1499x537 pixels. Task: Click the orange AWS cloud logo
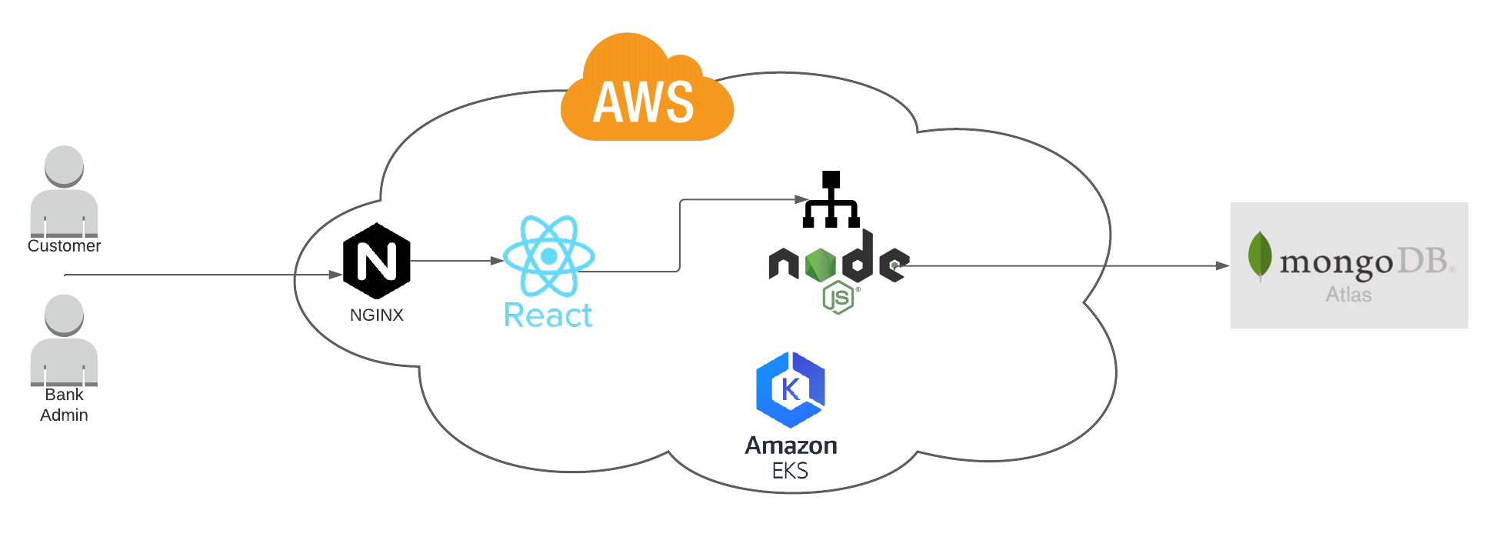click(x=646, y=92)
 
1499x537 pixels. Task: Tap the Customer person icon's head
click(x=64, y=165)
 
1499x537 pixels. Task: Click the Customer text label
click(x=64, y=246)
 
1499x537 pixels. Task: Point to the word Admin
click(x=64, y=415)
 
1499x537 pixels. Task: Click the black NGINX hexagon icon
click(x=377, y=261)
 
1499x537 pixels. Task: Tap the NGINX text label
click(x=377, y=315)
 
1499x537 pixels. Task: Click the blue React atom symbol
click(x=548, y=256)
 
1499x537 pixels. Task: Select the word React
click(x=548, y=315)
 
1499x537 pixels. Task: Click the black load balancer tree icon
click(x=831, y=199)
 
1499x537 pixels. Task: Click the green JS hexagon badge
click(x=838, y=297)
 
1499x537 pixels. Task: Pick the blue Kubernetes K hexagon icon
click(x=791, y=389)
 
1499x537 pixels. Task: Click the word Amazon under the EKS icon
click(x=791, y=445)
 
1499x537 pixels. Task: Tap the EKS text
click(x=791, y=471)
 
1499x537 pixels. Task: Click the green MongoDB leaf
click(x=1259, y=255)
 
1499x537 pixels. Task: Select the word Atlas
click(x=1348, y=295)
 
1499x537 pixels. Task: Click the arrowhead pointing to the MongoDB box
click(x=1222, y=266)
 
